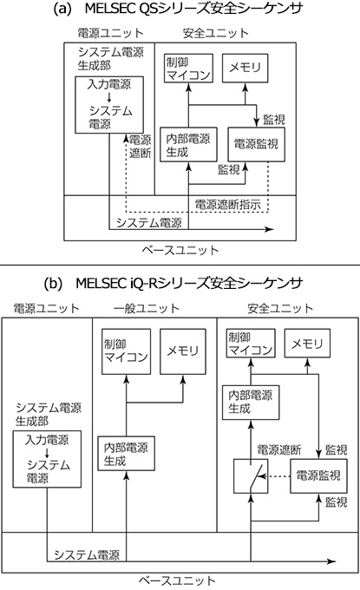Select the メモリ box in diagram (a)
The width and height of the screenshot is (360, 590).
click(x=243, y=68)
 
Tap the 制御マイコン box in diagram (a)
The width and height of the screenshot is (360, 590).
click(x=187, y=68)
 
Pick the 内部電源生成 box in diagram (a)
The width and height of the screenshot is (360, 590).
click(x=188, y=144)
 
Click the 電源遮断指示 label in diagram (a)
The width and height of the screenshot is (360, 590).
click(x=227, y=206)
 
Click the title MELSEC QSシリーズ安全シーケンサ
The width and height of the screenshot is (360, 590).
click(x=180, y=10)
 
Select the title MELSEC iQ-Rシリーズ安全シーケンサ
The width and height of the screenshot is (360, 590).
click(x=180, y=284)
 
